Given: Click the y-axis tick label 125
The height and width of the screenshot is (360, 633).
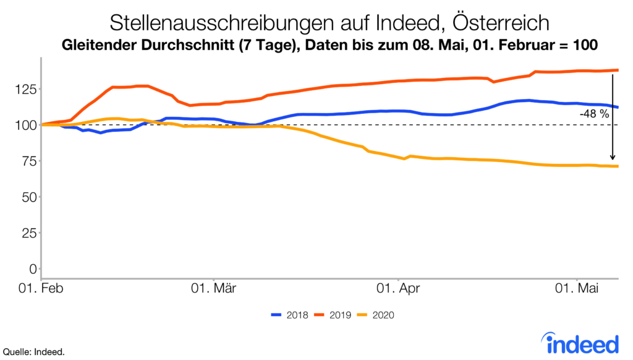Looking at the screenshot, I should click(25, 89).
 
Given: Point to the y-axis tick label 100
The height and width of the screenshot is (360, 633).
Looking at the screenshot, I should click(25, 125).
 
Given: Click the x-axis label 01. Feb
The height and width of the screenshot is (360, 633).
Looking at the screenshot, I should click(42, 288).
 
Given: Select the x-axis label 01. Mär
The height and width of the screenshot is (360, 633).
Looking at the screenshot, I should click(213, 288).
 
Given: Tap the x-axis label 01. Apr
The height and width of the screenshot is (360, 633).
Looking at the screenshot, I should click(399, 288).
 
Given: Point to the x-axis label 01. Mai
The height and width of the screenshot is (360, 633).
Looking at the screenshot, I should click(577, 288).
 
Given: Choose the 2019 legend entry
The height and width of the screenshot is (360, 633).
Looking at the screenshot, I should click(329, 315).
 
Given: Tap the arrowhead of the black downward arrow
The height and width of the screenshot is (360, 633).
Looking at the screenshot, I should click(612, 158).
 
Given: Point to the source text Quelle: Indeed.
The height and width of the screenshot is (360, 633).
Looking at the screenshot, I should click(34, 352).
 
